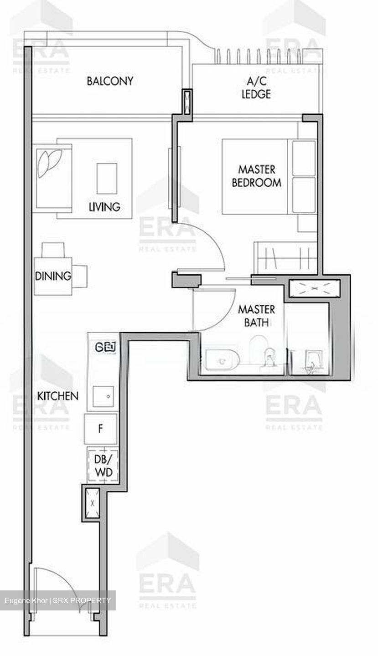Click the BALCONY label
pos(110,81)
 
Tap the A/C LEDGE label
pos(259,88)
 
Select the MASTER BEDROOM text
pos(256,176)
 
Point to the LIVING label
pos(104,207)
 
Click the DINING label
pos(53,276)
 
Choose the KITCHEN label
pos(58,395)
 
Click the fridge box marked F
pos(100,429)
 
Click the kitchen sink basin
pos(105,396)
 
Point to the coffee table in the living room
pos(107,178)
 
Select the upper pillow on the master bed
pos(304,158)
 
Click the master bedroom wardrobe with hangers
pos(285,258)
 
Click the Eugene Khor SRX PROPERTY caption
pos(58,600)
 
